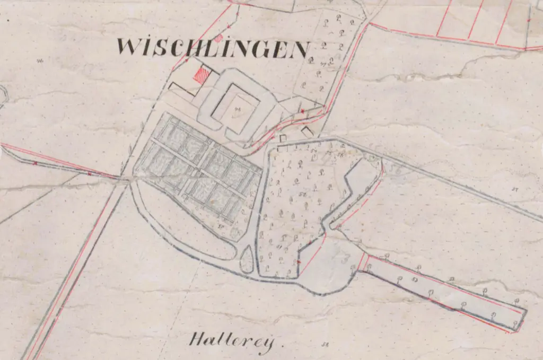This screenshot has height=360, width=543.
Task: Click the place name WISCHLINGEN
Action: tap(212, 48)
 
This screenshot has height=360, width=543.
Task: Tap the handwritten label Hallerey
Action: tap(232, 342)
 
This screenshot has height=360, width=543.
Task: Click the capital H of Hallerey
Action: tap(197, 339)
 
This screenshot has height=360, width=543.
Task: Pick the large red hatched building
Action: tap(202, 76)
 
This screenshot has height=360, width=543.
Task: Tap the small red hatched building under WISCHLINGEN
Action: tap(218, 38)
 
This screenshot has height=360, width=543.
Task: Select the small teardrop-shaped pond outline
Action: tap(247, 260)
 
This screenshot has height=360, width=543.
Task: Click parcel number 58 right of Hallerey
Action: tap(325, 345)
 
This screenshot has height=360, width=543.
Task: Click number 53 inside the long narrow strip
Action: tap(415, 277)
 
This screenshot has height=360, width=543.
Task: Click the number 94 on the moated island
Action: tap(237, 109)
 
